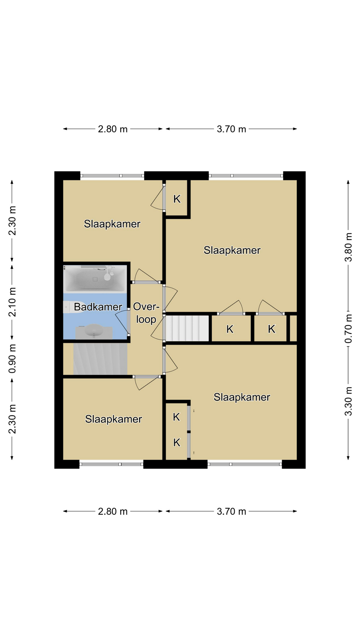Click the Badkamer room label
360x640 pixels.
(x=98, y=307)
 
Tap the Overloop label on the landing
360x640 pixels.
(x=146, y=313)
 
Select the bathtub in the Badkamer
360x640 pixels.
(x=95, y=279)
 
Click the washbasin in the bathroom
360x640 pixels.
(x=94, y=331)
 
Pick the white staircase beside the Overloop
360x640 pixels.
(x=187, y=328)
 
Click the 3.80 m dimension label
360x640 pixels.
(x=348, y=247)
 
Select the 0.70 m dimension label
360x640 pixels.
(x=348, y=329)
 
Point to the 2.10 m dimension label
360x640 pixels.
(x=12, y=302)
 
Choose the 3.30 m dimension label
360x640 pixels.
(x=348, y=401)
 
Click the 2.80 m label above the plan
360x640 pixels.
(x=113, y=129)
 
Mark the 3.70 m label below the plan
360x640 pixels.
(x=231, y=511)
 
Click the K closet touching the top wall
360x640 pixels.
(x=177, y=199)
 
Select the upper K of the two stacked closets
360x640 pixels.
(x=177, y=417)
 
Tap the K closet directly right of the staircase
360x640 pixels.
(x=230, y=329)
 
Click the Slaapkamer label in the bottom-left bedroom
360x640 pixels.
(x=114, y=419)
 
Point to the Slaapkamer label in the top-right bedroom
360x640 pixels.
(x=232, y=250)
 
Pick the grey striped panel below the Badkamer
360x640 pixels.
(x=100, y=359)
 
